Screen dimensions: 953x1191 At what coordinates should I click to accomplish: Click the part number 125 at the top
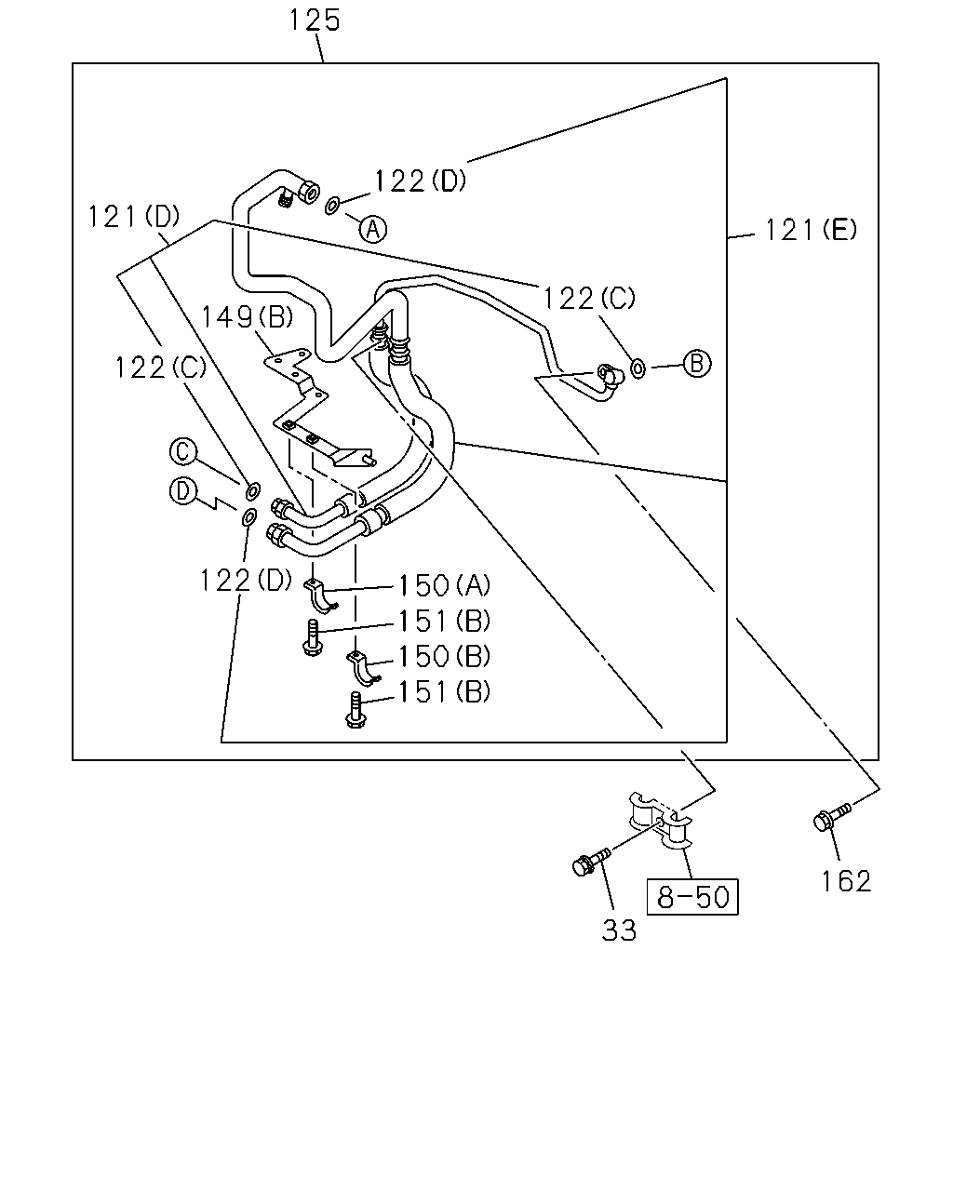click(315, 20)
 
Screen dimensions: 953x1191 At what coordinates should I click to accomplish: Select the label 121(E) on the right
click(811, 229)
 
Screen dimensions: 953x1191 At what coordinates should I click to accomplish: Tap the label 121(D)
click(134, 216)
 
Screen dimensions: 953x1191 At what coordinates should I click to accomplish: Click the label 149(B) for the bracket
click(247, 317)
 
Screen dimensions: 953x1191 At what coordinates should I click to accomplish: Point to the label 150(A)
click(444, 585)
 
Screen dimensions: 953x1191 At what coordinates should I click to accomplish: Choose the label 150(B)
click(444, 656)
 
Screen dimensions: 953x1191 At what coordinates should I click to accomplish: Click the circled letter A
click(373, 229)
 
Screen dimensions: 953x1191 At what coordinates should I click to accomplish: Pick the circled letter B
click(697, 364)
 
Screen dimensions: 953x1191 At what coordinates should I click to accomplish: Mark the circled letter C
click(183, 451)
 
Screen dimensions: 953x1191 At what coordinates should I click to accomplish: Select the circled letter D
click(183, 491)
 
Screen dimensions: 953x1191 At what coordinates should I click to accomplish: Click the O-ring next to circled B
click(638, 368)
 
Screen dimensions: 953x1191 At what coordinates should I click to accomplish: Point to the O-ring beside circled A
click(332, 206)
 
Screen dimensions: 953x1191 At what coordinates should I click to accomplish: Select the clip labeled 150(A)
click(320, 595)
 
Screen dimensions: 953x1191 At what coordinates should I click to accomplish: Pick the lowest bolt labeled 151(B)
click(356, 712)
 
